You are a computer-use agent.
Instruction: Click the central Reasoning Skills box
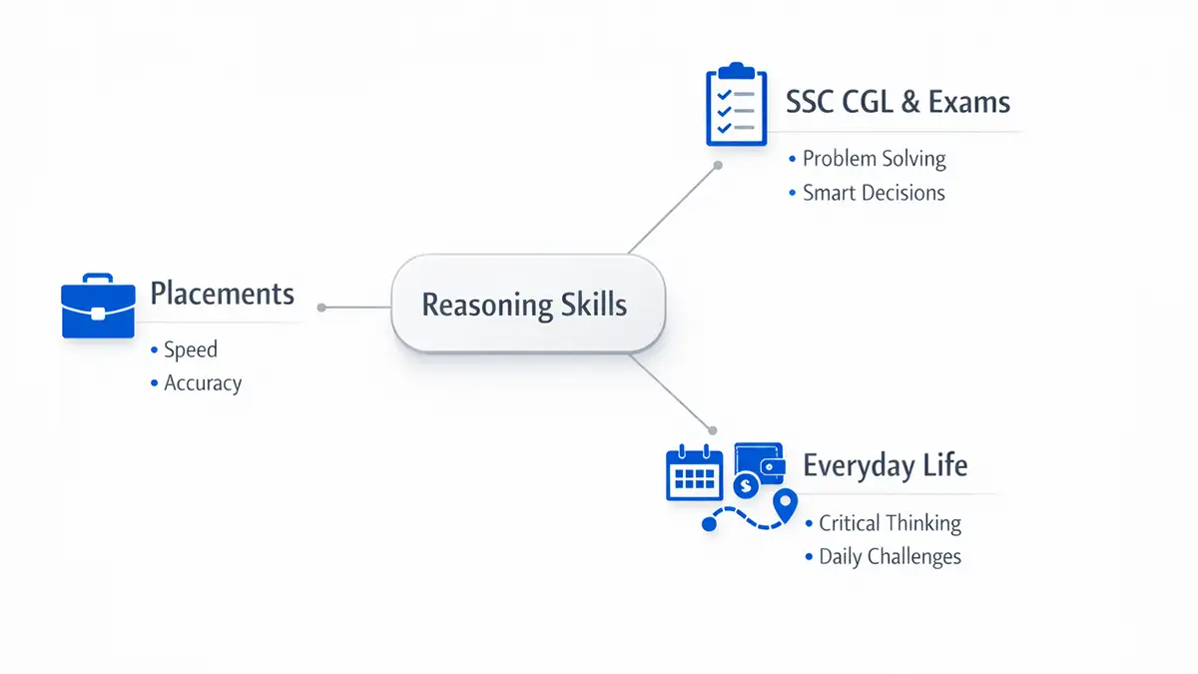click(x=527, y=304)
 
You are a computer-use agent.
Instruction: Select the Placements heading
click(x=222, y=294)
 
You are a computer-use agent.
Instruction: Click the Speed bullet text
click(x=191, y=349)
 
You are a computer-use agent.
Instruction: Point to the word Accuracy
click(x=203, y=382)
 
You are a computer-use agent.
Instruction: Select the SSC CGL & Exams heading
click(x=898, y=102)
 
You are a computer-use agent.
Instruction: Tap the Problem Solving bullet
click(x=874, y=158)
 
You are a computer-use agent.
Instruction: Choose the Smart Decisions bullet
click(x=874, y=193)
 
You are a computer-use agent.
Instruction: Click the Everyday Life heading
click(x=885, y=465)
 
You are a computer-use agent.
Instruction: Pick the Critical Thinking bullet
click(x=890, y=522)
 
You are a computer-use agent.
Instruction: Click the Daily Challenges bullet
click(x=890, y=556)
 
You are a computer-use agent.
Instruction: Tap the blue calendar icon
click(x=694, y=472)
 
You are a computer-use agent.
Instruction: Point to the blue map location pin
click(x=787, y=504)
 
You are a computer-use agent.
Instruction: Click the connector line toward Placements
click(x=355, y=308)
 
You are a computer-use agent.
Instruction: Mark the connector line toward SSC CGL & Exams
click(x=672, y=208)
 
